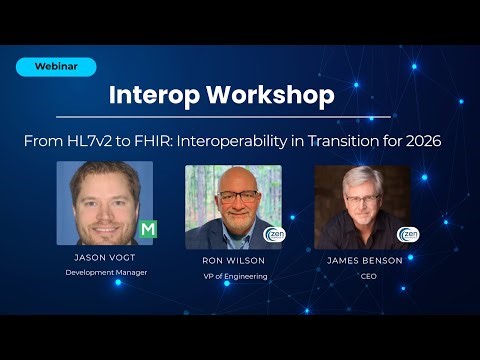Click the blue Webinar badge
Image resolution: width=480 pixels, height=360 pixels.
[x=56, y=67]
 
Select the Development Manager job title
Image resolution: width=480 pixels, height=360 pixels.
[x=105, y=272]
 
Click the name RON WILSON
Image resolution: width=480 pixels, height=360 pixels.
[x=233, y=260]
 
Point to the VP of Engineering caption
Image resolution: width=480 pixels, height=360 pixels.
[x=233, y=276]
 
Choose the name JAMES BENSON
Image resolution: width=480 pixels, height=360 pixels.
[x=367, y=260]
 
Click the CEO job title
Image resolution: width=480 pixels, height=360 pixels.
[x=367, y=276]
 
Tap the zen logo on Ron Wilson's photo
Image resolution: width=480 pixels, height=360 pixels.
[x=273, y=235]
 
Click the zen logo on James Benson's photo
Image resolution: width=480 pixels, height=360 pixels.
[x=407, y=235]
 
